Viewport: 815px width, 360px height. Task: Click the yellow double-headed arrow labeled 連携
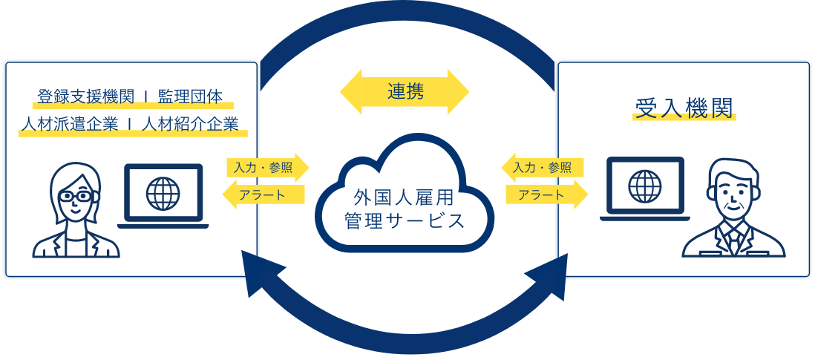tap(405, 92)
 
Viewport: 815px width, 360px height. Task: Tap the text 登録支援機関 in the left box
tap(85, 96)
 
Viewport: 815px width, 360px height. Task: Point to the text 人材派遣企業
tap(69, 124)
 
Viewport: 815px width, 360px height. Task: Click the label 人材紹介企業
tap(192, 124)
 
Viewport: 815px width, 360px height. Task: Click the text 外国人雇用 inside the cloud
tap(405, 198)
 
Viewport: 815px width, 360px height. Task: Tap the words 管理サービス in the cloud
tap(405, 221)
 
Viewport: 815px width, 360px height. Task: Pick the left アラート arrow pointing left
tap(264, 194)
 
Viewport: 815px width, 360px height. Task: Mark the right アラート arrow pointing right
tap(546, 194)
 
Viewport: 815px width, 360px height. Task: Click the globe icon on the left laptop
tap(163, 192)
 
